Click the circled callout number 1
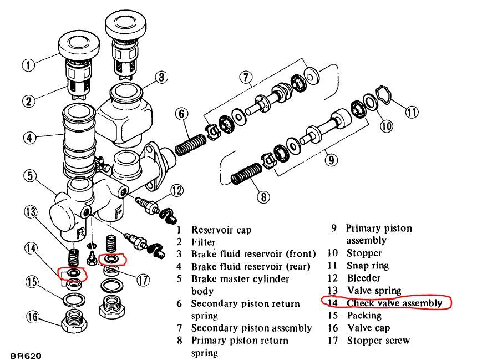(28, 65)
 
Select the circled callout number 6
(181, 114)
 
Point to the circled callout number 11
(411, 112)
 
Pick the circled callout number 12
(176, 191)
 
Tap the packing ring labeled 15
(72, 301)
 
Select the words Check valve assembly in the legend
(394, 303)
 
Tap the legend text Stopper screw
(378, 340)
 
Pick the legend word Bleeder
(364, 278)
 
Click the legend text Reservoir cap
(221, 230)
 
